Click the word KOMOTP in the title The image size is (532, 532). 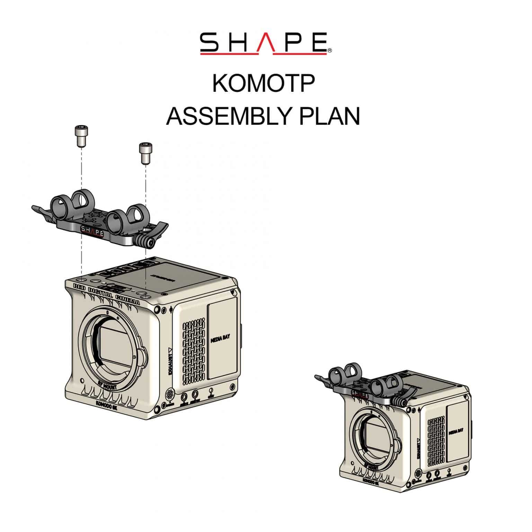(x=264, y=83)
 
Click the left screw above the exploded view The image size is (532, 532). (x=81, y=136)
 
